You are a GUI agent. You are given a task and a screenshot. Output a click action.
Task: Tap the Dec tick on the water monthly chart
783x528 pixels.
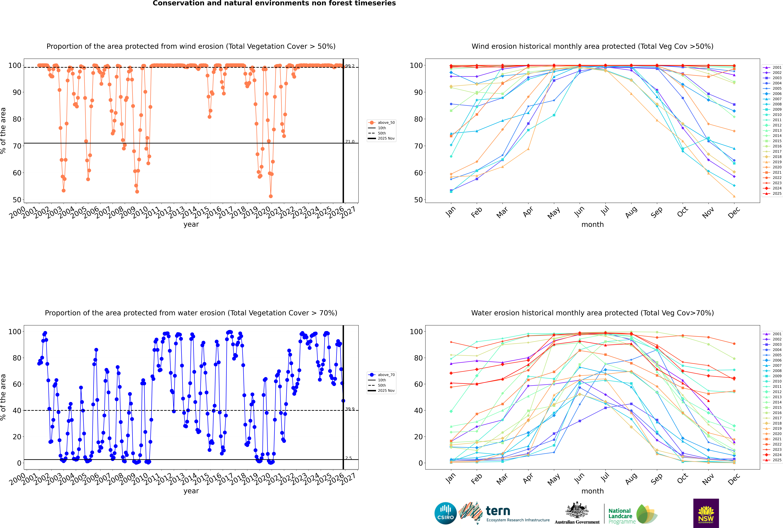(734, 478)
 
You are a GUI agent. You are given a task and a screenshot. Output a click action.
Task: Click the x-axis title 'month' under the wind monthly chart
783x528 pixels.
(592, 225)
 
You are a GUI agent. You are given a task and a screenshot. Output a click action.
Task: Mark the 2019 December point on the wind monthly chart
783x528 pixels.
(734, 196)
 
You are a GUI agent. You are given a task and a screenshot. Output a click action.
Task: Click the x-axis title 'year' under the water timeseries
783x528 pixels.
(191, 491)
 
